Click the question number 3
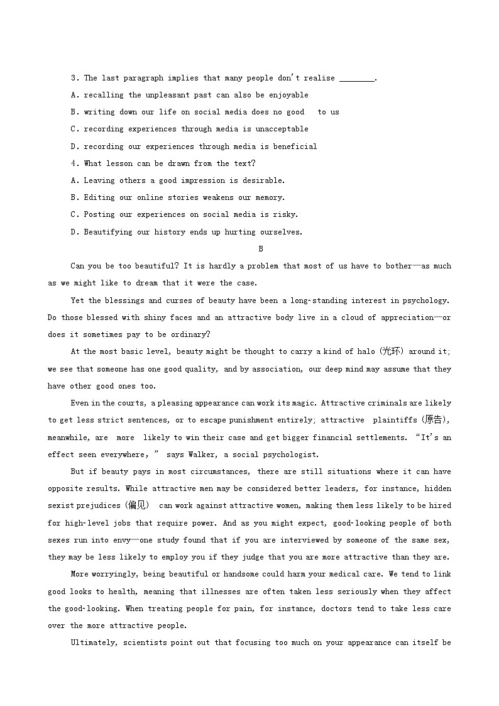pos(74,78)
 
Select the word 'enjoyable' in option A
pos(288,95)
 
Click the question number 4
pos(74,163)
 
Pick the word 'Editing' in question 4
pos(99,197)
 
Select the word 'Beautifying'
pos(108,232)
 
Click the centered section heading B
pos(261,249)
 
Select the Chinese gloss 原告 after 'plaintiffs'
pos(432,420)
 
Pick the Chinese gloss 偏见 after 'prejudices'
pos(136,505)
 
